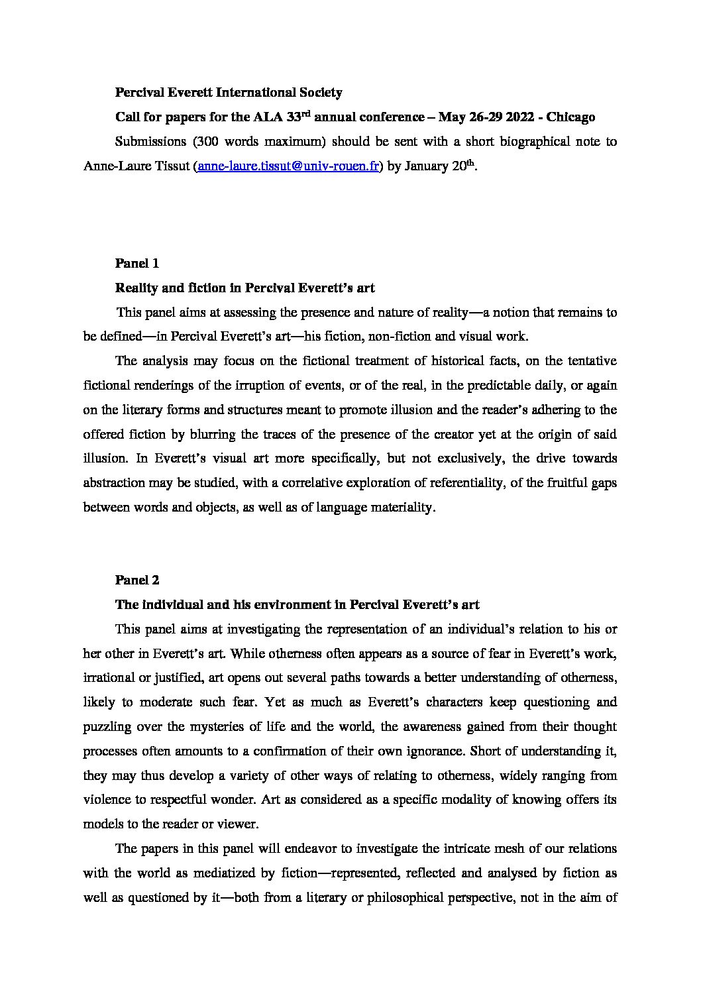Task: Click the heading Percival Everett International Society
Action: [x=229, y=93]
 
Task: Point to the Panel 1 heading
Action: [x=137, y=263]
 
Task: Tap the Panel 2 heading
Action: [x=137, y=580]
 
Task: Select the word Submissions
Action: [x=150, y=142]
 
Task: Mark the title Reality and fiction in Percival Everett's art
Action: [x=245, y=288]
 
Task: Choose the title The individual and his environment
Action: [x=297, y=604]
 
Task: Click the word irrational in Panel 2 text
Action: [x=110, y=678]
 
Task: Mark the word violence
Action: [x=108, y=800]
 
